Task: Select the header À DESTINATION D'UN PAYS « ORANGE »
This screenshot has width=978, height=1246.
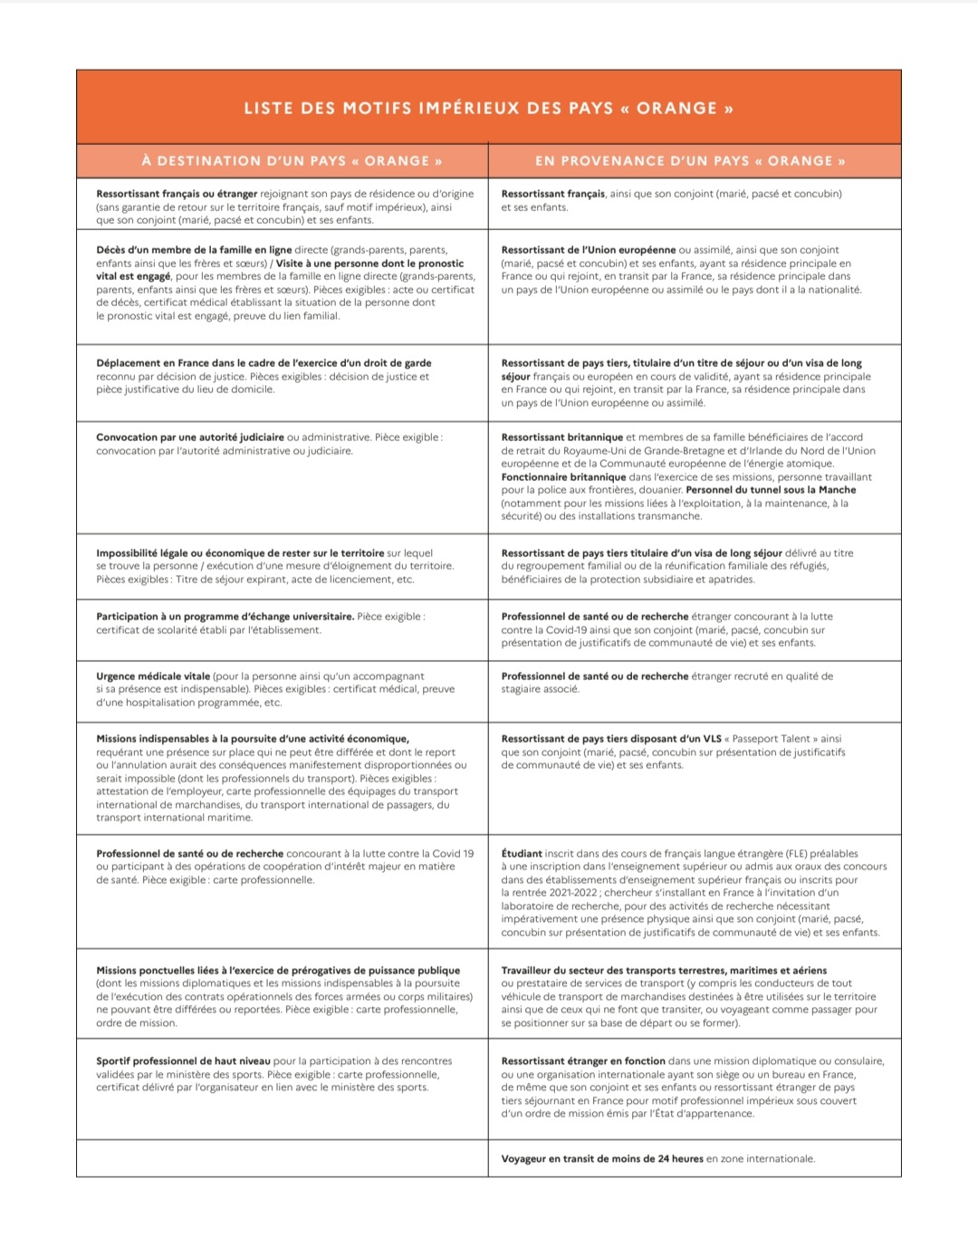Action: coord(292,161)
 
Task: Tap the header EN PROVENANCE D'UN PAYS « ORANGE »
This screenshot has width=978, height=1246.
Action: coord(690,161)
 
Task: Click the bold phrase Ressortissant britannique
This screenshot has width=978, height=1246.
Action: coord(561,437)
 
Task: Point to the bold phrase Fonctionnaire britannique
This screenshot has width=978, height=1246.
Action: coord(563,477)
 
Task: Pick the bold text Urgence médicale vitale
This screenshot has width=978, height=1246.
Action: coord(153,676)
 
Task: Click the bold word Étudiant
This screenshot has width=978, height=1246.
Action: coord(522,854)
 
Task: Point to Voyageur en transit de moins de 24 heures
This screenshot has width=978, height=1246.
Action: coord(602,1159)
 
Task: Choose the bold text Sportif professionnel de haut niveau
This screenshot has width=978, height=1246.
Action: coord(183,1061)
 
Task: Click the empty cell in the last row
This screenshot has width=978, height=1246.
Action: coord(282,1158)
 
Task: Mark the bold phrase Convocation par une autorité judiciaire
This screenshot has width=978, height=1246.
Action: coord(190,437)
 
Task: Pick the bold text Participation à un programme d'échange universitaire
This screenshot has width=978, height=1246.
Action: coord(225,617)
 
